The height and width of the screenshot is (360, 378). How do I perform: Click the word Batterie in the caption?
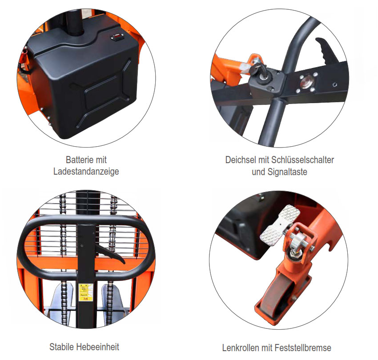79,160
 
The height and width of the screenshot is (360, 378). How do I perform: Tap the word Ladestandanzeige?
86,172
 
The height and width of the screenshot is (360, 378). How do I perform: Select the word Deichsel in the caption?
240,160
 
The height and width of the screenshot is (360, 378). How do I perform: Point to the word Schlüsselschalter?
302,160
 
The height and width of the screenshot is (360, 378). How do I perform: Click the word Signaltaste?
287,172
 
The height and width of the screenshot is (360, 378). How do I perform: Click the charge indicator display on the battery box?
117,37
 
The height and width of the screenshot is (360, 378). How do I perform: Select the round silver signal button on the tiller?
306,83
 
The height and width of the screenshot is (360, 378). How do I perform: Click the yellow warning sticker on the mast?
86,292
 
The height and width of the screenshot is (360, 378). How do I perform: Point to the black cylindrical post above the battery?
75,23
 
